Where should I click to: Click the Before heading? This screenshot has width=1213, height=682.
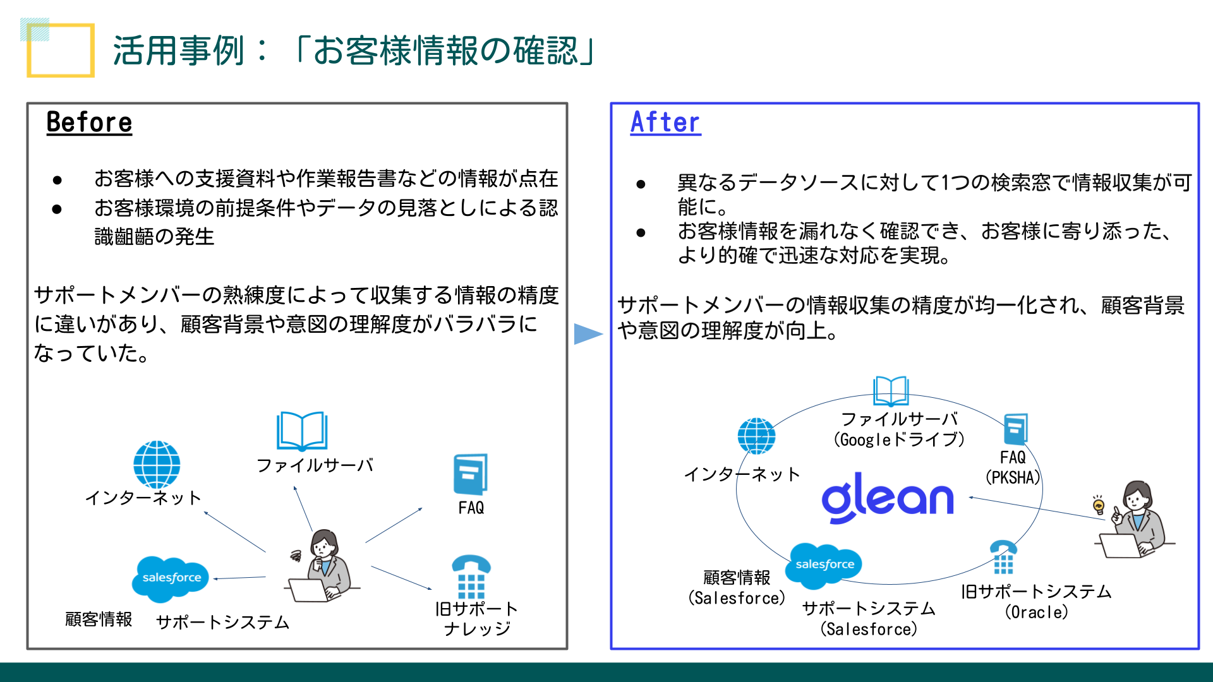pos(89,123)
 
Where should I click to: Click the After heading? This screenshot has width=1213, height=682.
pos(665,123)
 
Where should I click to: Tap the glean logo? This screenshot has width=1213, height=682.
pos(887,498)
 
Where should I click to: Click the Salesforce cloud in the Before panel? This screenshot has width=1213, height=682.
pos(171,577)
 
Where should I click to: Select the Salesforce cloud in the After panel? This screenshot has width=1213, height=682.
pos(824,563)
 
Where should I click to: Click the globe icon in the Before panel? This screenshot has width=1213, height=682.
pos(157,464)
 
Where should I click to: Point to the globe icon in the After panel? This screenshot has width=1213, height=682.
pos(756,436)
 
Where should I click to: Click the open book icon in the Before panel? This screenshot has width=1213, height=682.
pos(302,431)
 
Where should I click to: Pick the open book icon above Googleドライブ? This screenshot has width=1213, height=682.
pos(891,391)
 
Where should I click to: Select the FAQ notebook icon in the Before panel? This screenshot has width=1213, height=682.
pos(471,474)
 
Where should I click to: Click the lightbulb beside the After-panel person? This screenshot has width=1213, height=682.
pos(1099,505)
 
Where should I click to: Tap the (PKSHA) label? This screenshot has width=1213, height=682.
pos(1013,477)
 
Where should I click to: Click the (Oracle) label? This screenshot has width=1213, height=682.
pos(1036,612)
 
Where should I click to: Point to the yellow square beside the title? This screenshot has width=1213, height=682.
pos(61,51)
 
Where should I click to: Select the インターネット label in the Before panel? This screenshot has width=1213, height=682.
pos(143,498)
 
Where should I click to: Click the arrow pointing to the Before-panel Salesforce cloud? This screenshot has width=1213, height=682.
pos(240,578)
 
